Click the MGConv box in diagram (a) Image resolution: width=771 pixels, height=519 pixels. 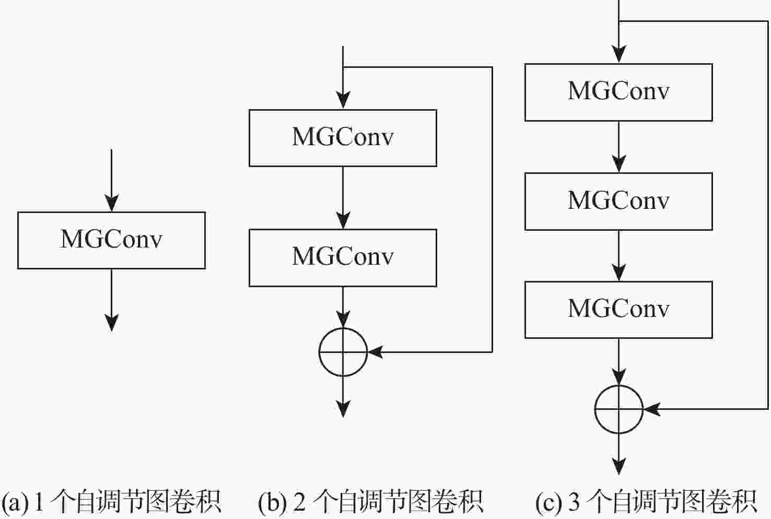click(x=111, y=240)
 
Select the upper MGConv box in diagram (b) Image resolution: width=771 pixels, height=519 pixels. click(x=343, y=138)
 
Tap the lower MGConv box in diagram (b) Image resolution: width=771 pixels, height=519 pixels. click(x=343, y=258)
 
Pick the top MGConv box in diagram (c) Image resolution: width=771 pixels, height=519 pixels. click(x=618, y=92)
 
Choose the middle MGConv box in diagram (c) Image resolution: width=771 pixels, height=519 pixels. click(x=618, y=201)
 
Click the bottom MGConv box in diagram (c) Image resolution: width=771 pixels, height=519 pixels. click(x=618, y=310)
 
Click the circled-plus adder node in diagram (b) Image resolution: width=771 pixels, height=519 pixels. click(x=343, y=352)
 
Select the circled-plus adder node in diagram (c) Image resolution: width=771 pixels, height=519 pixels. click(x=619, y=409)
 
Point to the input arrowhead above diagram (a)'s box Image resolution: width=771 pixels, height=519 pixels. click(x=111, y=203)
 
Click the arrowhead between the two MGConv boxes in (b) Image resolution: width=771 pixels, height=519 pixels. click(x=343, y=220)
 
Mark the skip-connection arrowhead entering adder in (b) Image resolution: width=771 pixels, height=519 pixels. click(x=376, y=352)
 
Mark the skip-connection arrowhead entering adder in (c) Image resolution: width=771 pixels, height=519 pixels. click(x=651, y=409)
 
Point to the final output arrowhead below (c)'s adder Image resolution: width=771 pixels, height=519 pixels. click(x=619, y=466)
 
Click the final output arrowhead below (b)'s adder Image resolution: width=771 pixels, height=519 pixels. click(x=343, y=409)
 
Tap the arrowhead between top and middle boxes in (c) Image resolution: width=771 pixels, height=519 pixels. click(x=619, y=164)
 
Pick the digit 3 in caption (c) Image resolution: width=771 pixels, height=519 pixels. click(x=574, y=501)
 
